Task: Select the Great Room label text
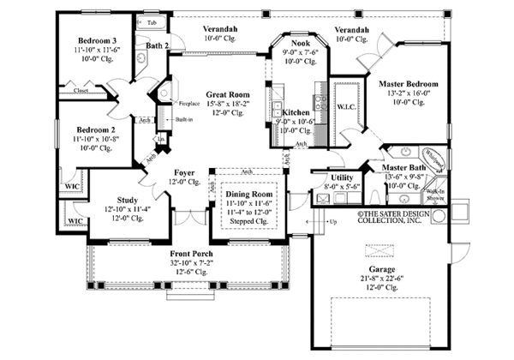click(228, 95)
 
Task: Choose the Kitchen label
click(296, 112)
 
